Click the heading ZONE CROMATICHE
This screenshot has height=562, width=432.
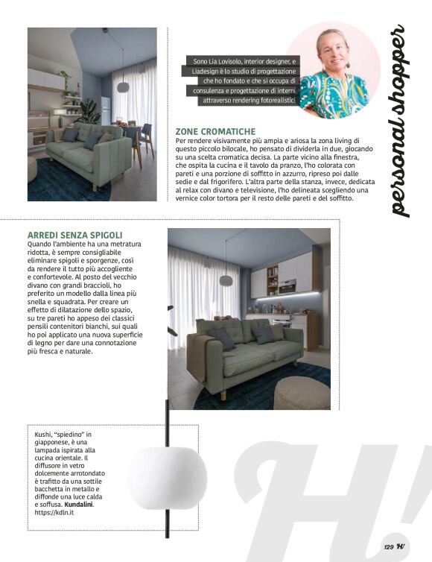coord(215,131)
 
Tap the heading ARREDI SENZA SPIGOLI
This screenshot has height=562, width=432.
coord(74,236)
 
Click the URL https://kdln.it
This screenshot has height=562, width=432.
coord(54,514)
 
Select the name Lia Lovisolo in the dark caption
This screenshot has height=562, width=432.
coord(235,61)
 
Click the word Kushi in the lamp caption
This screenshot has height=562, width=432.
coord(44,434)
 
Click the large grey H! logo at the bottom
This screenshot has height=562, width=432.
coord(335,499)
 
